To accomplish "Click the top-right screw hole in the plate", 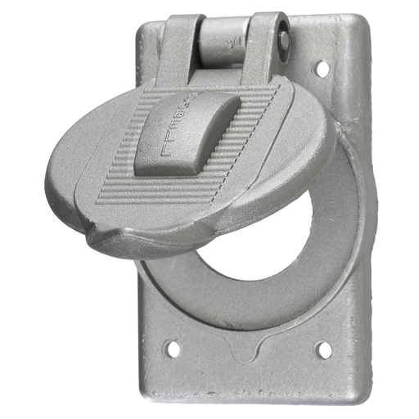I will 322,68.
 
